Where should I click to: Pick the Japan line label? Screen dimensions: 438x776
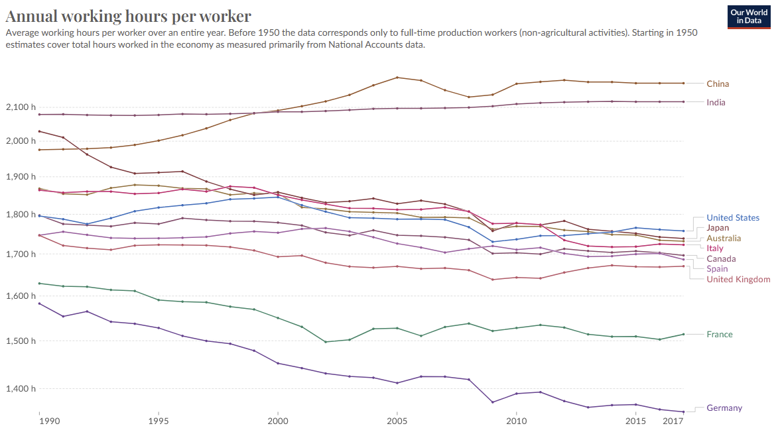click(718, 228)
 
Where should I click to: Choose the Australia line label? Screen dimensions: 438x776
click(724, 238)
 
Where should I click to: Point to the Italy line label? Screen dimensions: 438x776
click(715, 248)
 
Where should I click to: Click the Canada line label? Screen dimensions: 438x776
click(721, 258)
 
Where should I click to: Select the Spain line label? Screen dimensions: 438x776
click(717, 268)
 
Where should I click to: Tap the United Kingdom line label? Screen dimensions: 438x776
click(738, 279)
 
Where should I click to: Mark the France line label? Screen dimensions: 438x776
click(720, 334)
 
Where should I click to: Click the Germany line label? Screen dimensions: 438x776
click(724, 408)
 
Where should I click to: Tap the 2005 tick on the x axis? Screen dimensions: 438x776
click(397, 421)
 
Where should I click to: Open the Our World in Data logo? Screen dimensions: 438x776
click(748, 17)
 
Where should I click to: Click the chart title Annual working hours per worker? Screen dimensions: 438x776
click(128, 16)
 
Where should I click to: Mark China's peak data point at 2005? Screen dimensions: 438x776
click(397, 78)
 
